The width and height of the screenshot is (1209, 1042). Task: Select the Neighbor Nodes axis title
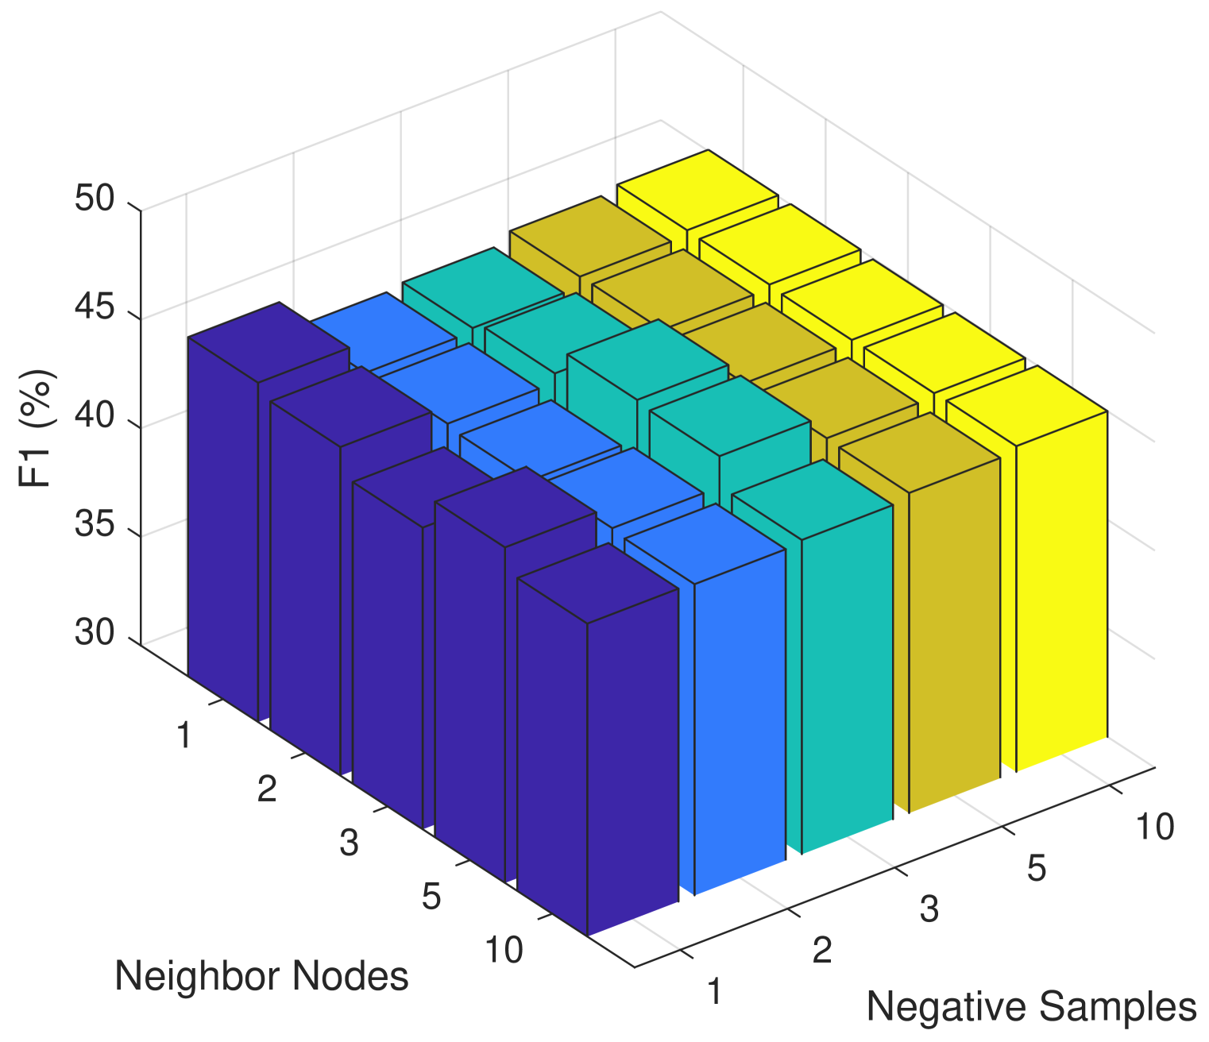point(261,975)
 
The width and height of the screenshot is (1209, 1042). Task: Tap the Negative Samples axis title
point(1030,1007)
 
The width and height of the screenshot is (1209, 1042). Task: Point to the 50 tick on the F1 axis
point(95,199)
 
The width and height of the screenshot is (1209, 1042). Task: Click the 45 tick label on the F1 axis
point(95,307)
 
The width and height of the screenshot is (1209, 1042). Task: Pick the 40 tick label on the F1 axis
point(95,416)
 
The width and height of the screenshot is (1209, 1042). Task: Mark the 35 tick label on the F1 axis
point(95,525)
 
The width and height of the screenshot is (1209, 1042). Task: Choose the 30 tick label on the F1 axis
point(95,633)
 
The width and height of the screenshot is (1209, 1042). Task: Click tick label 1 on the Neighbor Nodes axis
point(183,736)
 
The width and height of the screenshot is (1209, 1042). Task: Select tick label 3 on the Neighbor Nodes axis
point(349,843)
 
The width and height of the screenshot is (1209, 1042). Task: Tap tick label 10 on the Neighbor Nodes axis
point(504,950)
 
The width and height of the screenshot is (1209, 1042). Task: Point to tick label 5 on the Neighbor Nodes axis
point(431,897)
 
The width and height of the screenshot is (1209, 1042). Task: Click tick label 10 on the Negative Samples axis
point(1154,828)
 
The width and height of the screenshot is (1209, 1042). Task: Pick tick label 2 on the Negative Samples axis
point(822,949)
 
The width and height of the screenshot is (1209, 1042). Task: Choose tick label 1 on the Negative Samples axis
point(715,992)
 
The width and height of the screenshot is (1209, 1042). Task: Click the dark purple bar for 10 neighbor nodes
point(632,762)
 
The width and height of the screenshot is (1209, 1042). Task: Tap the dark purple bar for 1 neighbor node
point(222,524)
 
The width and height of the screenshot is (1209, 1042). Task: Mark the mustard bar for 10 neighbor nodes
point(953,635)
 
